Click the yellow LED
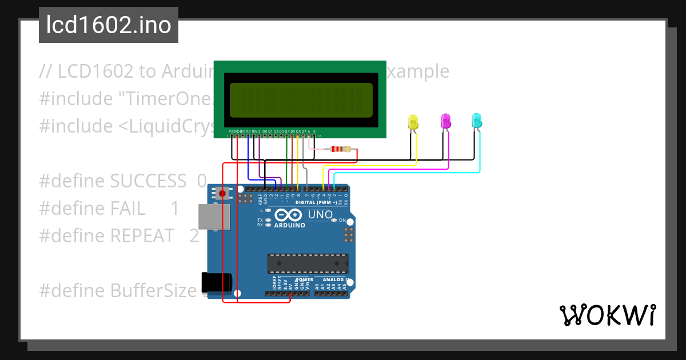(413, 122)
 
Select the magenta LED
(446, 121)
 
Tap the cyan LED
(477, 121)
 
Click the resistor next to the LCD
(341, 150)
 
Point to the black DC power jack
(217, 283)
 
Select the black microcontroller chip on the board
(308, 263)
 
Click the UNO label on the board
(320, 215)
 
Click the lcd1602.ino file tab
(109, 25)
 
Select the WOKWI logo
(607, 315)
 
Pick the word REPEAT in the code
(142, 235)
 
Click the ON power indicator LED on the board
(335, 220)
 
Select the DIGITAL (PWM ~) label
(316, 203)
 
